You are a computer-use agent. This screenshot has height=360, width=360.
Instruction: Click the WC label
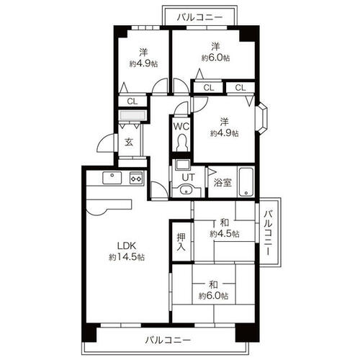pos(181,126)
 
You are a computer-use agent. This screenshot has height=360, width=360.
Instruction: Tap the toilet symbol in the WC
pos(181,143)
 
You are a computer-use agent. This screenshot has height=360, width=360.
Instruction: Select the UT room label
pos(188,178)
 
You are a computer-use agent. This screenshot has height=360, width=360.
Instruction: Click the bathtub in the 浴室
pos(246,182)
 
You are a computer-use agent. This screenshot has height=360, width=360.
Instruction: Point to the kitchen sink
pos(112,178)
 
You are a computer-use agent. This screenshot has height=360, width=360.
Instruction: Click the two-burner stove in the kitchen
pos(136,178)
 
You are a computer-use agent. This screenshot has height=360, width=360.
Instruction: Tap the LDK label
pos(127,246)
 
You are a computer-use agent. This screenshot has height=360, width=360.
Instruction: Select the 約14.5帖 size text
pos(127,257)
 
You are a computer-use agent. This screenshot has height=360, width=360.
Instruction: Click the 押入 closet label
pos(181,242)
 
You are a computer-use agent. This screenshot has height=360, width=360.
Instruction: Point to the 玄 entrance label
pos(129,143)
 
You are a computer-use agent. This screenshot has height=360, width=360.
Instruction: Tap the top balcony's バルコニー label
pos(200,17)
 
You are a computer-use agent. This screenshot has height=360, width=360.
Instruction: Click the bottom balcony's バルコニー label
pos(168,340)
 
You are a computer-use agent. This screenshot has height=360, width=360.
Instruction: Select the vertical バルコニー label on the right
pos(269,233)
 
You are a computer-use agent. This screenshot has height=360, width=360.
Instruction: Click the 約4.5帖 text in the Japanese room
pos(225,234)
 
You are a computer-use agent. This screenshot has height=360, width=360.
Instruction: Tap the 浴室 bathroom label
pos(222,183)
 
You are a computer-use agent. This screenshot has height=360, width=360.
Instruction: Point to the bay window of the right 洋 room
pos(264,118)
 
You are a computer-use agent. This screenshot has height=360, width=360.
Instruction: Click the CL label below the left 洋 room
pos(132,102)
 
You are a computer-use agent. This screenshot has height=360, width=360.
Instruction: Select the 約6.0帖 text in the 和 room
pos(213,296)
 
